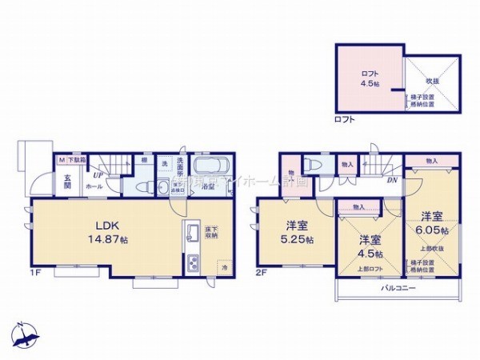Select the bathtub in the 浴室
pos(213,170)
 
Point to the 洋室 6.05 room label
pos(433,222)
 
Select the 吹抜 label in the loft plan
pos(432,81)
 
